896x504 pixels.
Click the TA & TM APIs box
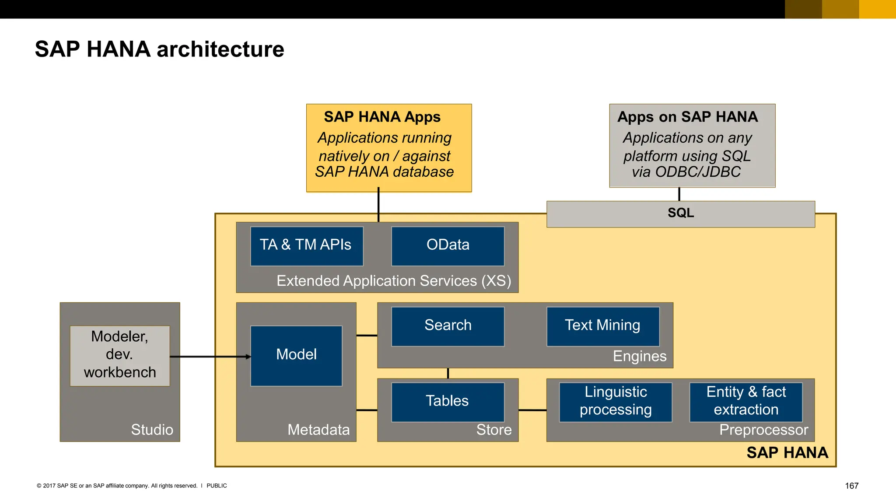tap(306, 246)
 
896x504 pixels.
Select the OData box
tap(448, 246)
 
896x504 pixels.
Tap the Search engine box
tap(448, 326)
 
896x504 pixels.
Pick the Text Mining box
tap(602, 326)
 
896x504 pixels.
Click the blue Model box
tap(296, 355)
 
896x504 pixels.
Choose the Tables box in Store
tap(448, 402)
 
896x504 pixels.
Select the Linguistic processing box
tap(615, 402)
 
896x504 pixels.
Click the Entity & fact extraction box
tap(745, 402)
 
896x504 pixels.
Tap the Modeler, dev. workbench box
tap(119, 355)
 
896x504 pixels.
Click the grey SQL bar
tap(680, 214)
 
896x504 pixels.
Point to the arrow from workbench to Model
tap(210, 357)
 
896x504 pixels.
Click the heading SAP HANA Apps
tap(382, 117)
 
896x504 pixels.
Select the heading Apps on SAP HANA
tap(687, 117)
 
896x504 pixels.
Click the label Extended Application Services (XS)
tap(393, 281)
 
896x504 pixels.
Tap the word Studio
tap(152, 430)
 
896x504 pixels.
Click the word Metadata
tap(318, 430)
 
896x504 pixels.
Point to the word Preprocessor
tap(763, 430)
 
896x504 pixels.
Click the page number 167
tap(851, 486)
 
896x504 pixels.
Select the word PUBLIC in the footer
tap(217, 486)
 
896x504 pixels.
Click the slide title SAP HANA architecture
tap(159, 49)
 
